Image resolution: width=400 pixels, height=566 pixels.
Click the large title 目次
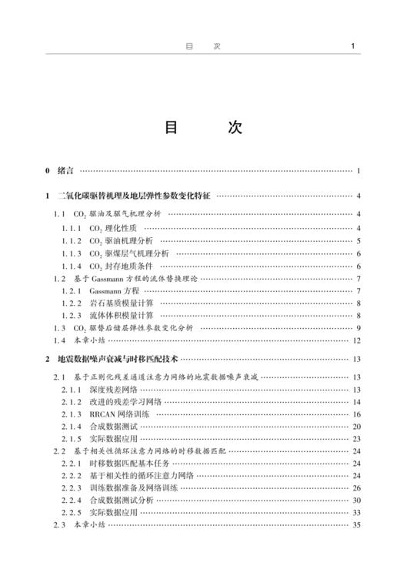click(200, 127)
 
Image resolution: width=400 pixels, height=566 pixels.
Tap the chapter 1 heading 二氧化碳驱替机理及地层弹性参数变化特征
click(134, 196)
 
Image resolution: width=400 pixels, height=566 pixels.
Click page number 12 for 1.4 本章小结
click(356, 340)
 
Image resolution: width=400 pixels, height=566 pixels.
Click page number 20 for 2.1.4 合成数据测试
click(356, 426)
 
